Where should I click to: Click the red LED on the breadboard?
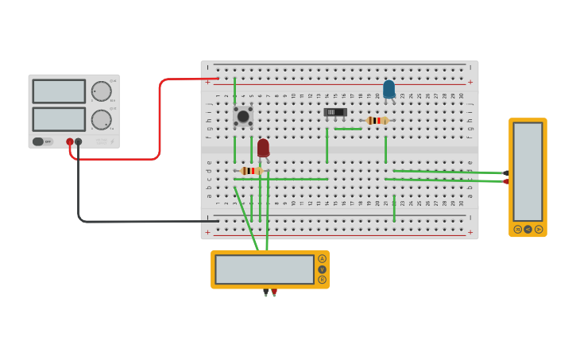tap(263, 148)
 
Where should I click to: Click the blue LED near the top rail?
tap(389, 89)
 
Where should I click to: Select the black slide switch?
tap(335, 113)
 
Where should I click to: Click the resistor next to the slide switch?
tap(377, 121)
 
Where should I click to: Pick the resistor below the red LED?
tap(251, 171)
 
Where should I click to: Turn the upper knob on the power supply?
tap(101, 91)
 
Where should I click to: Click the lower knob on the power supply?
tap(101, 120)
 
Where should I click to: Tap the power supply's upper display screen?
tap(59, 91)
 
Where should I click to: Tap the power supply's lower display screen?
tap(59, 119)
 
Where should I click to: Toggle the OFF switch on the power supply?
tap(42, 141)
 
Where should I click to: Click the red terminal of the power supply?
tap(70, 141)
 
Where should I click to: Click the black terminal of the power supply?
tap(78, 141)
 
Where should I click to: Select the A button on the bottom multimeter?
tap(322, 259)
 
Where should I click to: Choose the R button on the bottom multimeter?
tap(322, 280)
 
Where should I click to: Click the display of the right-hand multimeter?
tap(528, 171)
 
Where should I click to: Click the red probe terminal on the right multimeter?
tap(506, 181)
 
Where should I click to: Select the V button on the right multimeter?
tap(528, 229)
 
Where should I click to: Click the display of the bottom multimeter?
tap(265, 269)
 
